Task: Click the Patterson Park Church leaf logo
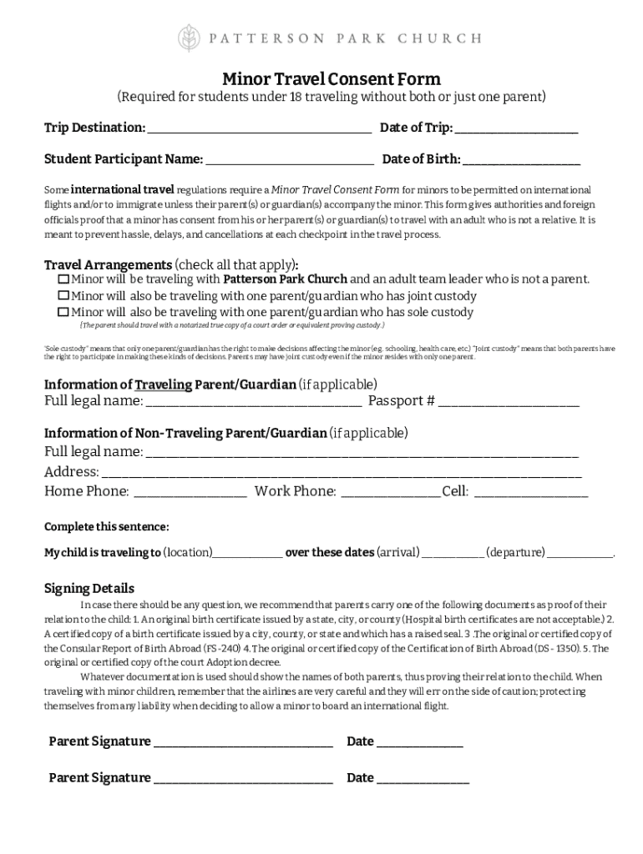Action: pyautogui.click(x=189, y=38)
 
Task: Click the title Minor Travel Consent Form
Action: pyautogui.click(x=331, y=79)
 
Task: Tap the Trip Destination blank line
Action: pyautogui.click(x=259, y=129)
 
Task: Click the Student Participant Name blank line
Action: pyautogui.click(x=290, y=160)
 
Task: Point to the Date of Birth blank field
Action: pyautogui.click(x=522, y=160)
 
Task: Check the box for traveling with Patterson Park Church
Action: pyautogui.click(x=63, y=279)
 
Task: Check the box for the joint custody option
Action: pyautogui.click(x=63, y=296)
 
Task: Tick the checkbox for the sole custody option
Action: pyautogui.click(x=63, y=313)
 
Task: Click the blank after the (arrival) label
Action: pyautogui.click(x=453, y=554)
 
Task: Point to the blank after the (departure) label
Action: pyautogui.click(x=580, y=554)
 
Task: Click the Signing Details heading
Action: pyautogui.click(x=89, y=588)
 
